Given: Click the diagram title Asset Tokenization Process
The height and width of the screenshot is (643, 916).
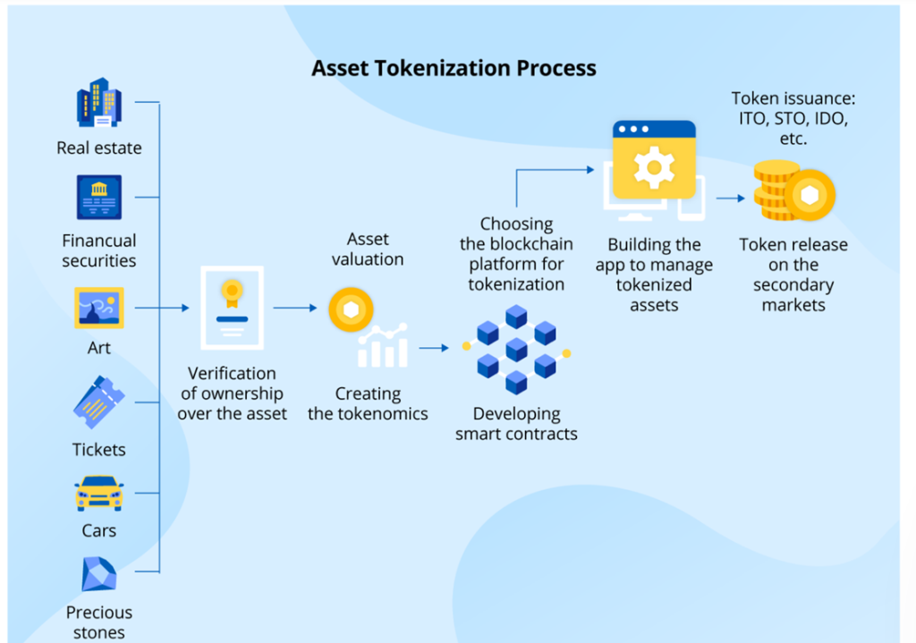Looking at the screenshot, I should [x=454, y=68].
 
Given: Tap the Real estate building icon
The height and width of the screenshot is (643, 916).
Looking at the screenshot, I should [x=98, y=104].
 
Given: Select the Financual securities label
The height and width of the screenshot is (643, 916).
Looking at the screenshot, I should [x=99, y=250].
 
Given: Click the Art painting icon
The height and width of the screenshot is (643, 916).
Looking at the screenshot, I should [x=98, y=308].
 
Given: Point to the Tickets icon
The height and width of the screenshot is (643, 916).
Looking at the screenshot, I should [x=98, y=403].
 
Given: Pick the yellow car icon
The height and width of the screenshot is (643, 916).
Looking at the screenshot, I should [x=98, y=492].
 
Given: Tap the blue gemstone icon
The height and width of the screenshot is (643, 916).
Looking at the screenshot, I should [x=98, y=574].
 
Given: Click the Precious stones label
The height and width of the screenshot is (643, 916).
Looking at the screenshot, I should [x=98, y=622].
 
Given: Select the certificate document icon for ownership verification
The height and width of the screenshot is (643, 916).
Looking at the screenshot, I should [x=232, y=308].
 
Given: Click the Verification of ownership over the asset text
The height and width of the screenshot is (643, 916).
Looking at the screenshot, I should [x=232, y=393].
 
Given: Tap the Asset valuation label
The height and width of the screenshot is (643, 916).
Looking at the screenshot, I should [x=368, y=249].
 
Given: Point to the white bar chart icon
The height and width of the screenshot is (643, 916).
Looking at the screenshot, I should [x=381, y=348].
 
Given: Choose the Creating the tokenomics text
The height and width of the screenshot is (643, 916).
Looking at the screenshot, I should [x=368, y=403].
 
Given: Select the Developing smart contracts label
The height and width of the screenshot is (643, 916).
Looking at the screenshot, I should [x=516, y=424].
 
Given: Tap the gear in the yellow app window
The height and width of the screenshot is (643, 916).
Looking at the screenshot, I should [x=654, y=166].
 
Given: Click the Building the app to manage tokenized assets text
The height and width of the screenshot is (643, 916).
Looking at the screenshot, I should [x=654, y=275].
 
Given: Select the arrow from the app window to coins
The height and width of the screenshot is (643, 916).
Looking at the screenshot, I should [x=729, y=199].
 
